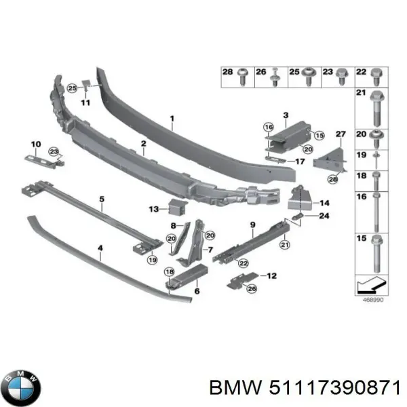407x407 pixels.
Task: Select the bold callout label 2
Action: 144,144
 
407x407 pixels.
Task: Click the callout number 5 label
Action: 101,199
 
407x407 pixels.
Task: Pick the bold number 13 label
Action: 153,208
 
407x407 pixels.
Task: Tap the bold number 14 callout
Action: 324,203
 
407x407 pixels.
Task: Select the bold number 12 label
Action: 272,276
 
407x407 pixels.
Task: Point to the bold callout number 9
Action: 252,225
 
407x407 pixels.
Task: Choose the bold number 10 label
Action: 36,144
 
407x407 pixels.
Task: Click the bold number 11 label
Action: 85,102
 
